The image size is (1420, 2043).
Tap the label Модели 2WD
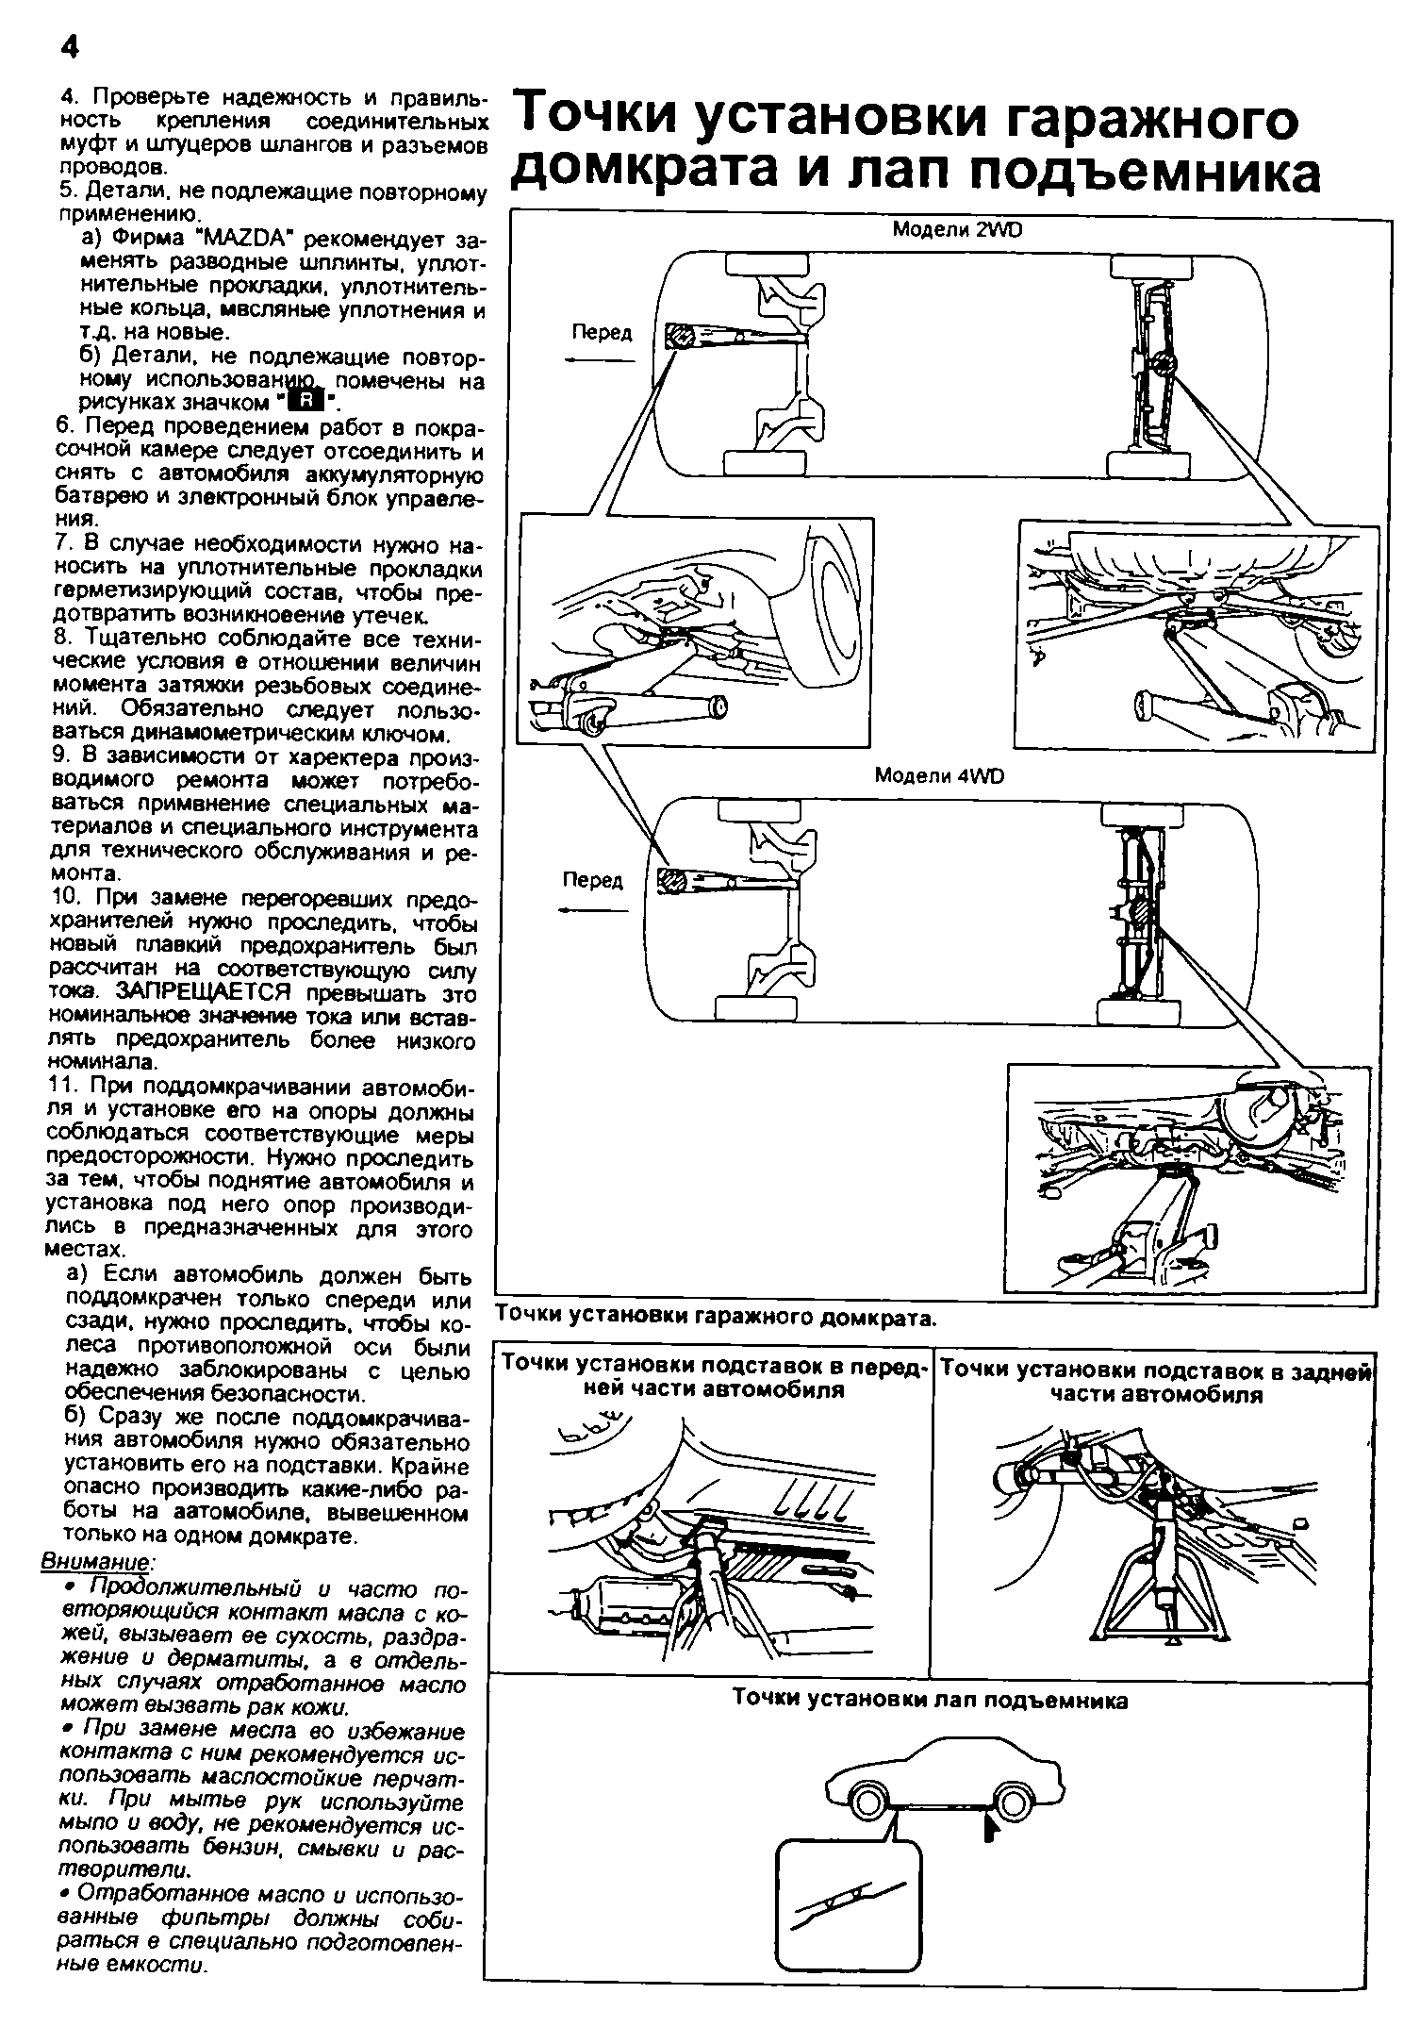click(x=956, y=230)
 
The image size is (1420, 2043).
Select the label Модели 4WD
click(x=940, y=775)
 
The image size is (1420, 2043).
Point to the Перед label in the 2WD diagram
click(x=602, y=333)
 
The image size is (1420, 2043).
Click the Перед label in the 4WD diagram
click(x=593, y=880)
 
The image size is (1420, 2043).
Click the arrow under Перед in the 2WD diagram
click(x=600, y=359)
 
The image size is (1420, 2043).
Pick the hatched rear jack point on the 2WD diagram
click(x=1163, y=361)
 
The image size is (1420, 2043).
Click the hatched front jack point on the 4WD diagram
click(x=673, y=879)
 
